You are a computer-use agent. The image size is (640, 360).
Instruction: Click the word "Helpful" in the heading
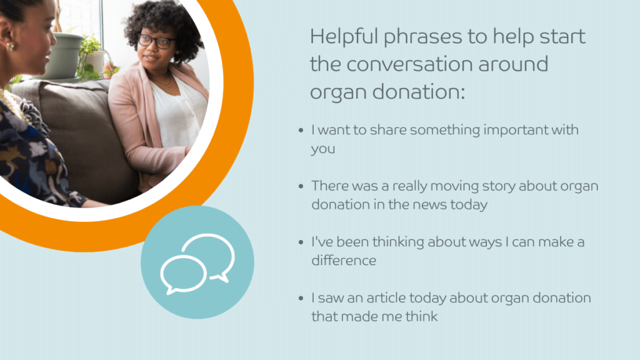coord(344,37)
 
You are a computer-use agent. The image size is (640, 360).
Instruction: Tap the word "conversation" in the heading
coord(409,64)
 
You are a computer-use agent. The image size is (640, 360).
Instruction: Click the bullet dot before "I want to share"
coord(301,131)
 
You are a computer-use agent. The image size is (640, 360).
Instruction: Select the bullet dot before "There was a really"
coord(301,186)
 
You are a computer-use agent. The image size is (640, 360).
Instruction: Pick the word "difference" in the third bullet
coord(344,261)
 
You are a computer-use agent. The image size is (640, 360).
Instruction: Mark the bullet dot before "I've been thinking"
coord(301,242)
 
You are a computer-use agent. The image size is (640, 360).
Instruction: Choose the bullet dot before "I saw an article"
coord(301,298)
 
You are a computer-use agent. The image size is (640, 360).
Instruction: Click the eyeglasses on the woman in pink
coord(157,41)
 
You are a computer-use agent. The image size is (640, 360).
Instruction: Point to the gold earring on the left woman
coord(11,46)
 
